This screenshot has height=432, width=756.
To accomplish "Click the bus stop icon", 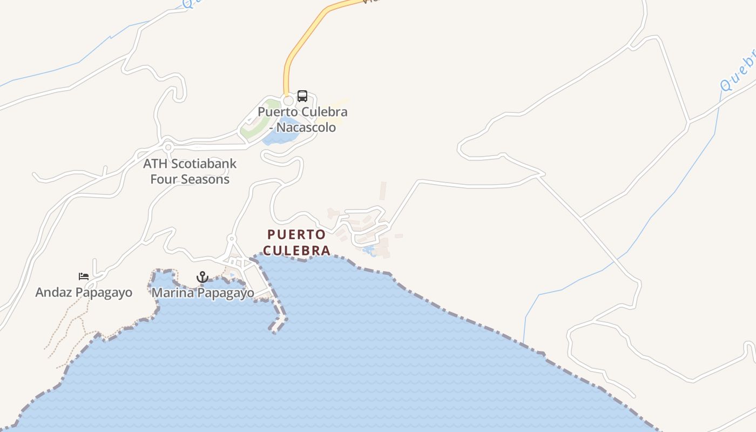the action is point(302,96).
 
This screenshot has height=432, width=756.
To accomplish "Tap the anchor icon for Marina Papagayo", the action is point(202,278).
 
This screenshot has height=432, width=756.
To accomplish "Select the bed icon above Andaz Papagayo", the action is point(84,276).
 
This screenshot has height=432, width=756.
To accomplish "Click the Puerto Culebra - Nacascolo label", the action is point(302,119).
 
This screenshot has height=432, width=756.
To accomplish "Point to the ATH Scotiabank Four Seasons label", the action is point(190,171).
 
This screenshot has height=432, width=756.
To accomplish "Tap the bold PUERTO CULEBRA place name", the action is point(296,242).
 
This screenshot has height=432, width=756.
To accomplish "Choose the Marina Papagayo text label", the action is point(202,293).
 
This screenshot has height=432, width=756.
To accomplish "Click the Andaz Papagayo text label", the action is point(84,292).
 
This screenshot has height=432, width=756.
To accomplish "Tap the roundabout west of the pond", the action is point(168,147).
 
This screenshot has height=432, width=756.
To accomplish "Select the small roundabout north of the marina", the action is point(232,238).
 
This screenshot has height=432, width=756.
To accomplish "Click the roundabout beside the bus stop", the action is point(288,100).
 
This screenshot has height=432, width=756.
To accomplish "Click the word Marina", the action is point(173,293).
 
